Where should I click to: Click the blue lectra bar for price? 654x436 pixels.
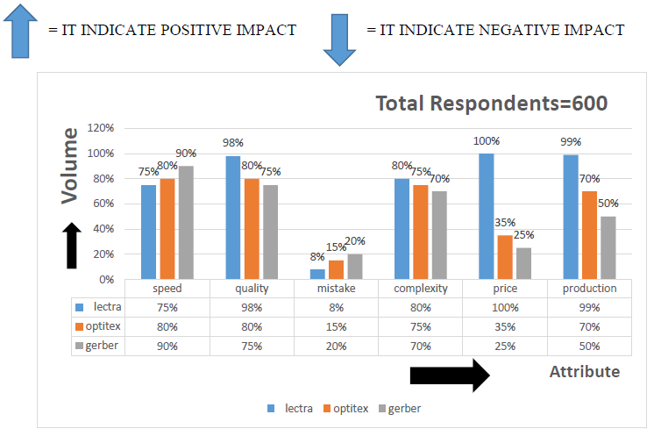pyautogui.click(x=487, y=217)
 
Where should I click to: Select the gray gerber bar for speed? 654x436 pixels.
pyautogui.click(x=185, y=223)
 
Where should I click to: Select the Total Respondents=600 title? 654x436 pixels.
pyautogui.click(x=492, y=104)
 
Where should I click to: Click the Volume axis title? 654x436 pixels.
pyautogui.click(x=70, y=166)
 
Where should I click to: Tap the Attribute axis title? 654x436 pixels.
pyautogui.click(x=584, y=372)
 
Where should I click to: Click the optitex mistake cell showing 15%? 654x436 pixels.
pyautogui.click(x=336, y=326)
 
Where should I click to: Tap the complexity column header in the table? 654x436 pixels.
pyautogui.click(x=420, y=288)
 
